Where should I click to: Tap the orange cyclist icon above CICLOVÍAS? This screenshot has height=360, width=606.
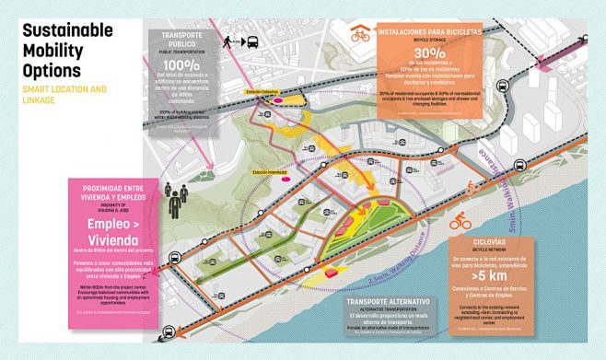tap(461, 222)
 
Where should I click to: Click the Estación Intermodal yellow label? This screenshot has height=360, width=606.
tap(262, 172)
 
